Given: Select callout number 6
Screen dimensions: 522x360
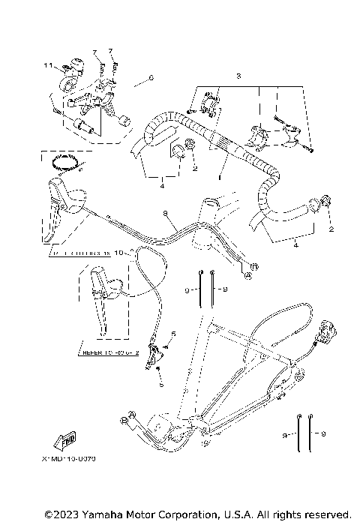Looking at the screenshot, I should point(150,77).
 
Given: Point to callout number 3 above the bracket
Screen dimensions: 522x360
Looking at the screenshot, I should point(238,76).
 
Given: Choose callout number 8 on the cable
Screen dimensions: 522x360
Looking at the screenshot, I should point(164,214).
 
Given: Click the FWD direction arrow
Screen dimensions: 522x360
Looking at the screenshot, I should point(67,441).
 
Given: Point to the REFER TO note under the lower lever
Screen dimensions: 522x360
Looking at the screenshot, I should point(110,349).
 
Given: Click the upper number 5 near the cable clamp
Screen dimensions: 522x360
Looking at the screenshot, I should point(173,333).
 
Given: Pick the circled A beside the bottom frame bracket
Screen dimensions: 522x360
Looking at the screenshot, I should point(132,413).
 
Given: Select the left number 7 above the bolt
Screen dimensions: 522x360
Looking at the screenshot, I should point(95,52).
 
